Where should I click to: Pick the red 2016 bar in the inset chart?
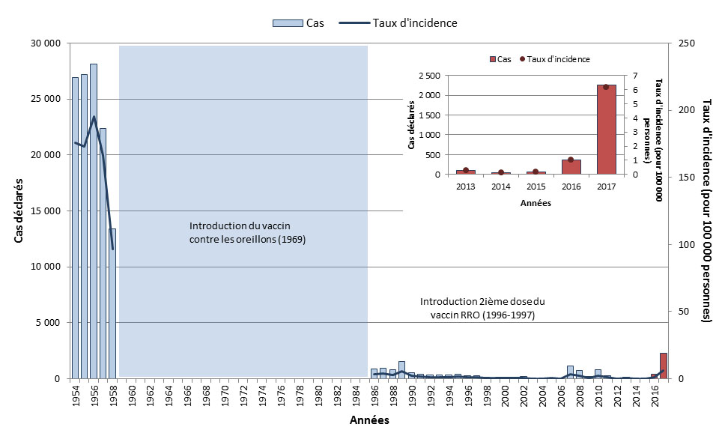point(571,167)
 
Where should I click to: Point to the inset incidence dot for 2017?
point(606,87)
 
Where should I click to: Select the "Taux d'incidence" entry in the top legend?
point(404,23)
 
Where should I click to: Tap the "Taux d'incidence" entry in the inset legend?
point(558,59)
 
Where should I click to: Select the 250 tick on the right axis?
point(687,43)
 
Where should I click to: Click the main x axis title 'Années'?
point(369,421)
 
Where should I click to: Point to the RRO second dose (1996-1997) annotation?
point(482,308)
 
